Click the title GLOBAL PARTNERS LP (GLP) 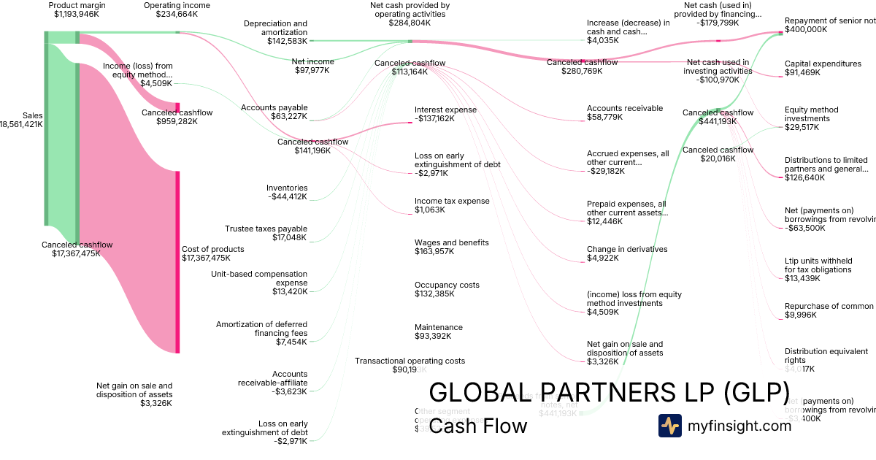pos(609,392)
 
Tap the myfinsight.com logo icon pos(669,426)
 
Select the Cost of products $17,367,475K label pos(213,253)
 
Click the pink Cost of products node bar pos(177,261)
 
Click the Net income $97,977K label pos(313,66)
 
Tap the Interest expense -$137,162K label pos(445,114)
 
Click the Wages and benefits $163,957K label pos(452,247)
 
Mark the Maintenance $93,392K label pos(439,331)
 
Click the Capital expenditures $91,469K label pos(823,68)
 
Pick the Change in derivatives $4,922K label pos(627,253)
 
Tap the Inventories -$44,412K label pos(287,192)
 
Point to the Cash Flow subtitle pos(478,426)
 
